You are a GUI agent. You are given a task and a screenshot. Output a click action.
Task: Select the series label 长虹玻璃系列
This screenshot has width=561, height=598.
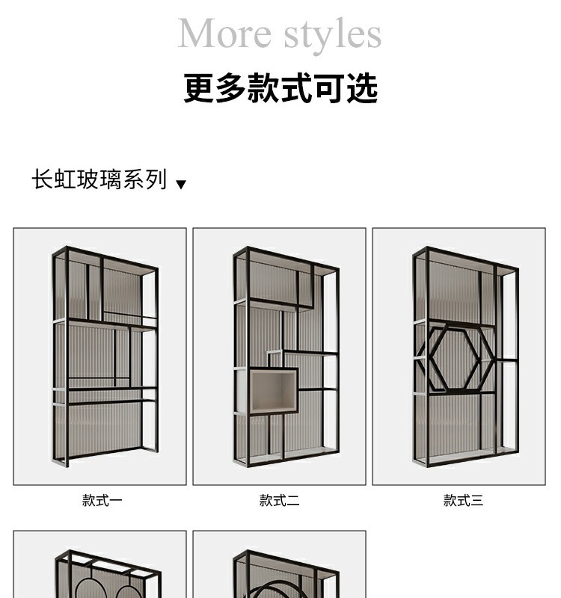pos(99,180)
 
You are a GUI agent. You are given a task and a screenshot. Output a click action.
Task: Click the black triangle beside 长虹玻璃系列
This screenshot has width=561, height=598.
pos(180,184)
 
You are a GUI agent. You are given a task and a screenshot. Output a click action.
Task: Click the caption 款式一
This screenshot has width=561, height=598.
pos(102,501)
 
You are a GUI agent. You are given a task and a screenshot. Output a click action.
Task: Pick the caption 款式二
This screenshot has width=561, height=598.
pos(279,501)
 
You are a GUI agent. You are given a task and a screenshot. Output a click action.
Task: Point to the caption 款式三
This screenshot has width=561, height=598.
pos(463,501)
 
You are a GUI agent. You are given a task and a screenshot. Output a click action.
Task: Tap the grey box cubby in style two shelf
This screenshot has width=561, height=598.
pos(273,390)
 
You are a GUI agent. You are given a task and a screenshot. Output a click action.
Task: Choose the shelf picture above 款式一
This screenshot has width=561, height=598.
pos(99,357)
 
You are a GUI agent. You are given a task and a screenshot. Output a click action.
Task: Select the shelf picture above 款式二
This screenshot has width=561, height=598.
pos(279,357)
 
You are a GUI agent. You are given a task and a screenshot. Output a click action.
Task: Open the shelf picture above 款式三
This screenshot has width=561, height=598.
pos(459,357)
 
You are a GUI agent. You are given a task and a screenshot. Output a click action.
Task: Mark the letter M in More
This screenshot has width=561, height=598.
pos(197,34)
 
